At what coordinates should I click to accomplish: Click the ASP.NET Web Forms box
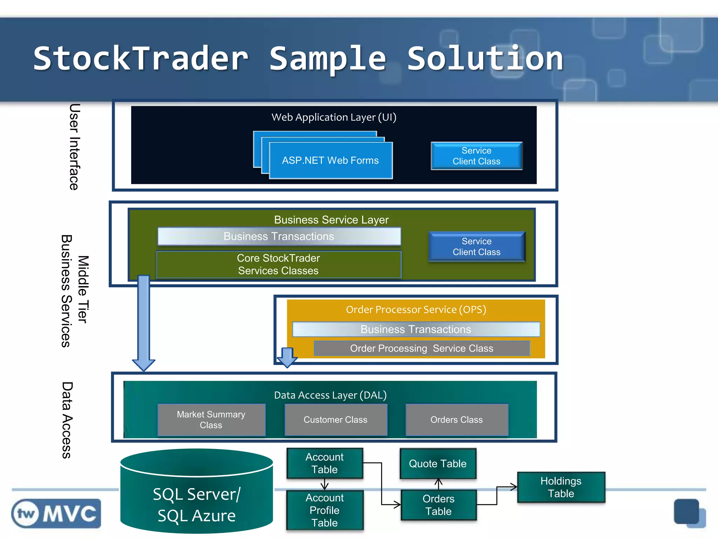(330, 160)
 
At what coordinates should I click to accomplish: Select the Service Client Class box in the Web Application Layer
(476, 156)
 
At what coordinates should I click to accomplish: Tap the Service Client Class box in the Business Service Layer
(476, 247)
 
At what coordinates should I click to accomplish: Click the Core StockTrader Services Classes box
(278, 264)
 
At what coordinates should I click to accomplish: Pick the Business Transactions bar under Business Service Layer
(279, 236)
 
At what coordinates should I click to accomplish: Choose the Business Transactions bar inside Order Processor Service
(416, 329)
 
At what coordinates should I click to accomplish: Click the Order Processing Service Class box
(421, 348)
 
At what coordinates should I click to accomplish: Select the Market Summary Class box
(211, 420)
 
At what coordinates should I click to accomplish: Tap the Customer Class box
(336, 420)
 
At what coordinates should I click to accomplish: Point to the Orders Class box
(456, 420)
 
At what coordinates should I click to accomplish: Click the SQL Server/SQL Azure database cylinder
(196, 497)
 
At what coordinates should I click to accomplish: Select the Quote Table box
(438, 463)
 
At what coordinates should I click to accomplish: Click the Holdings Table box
(561, 487)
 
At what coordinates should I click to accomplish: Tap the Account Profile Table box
(325, 510)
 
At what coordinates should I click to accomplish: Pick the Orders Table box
(438, 505)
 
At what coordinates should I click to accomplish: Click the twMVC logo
(56, 513)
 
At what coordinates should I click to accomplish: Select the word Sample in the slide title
(327, 59)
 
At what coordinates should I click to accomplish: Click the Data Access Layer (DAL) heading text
(330, 395)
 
